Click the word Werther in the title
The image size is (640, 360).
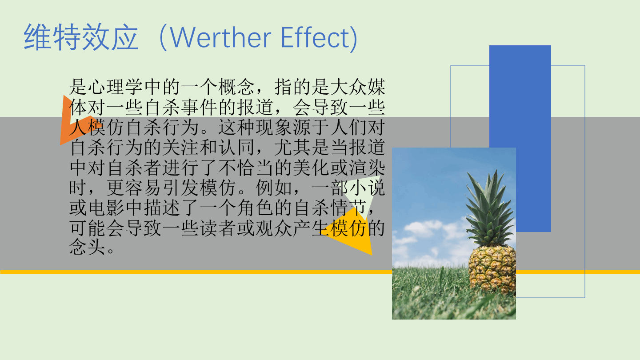click(x=220, y=37)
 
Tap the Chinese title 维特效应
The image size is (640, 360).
click(x=81, y=37)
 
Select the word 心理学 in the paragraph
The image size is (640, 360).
click(x=116, y=87)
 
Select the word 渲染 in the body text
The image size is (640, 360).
click(x=367, y=168)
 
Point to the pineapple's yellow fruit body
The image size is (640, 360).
click(x=492, y=270)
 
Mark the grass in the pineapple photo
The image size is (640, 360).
click(x=428, y=294)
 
